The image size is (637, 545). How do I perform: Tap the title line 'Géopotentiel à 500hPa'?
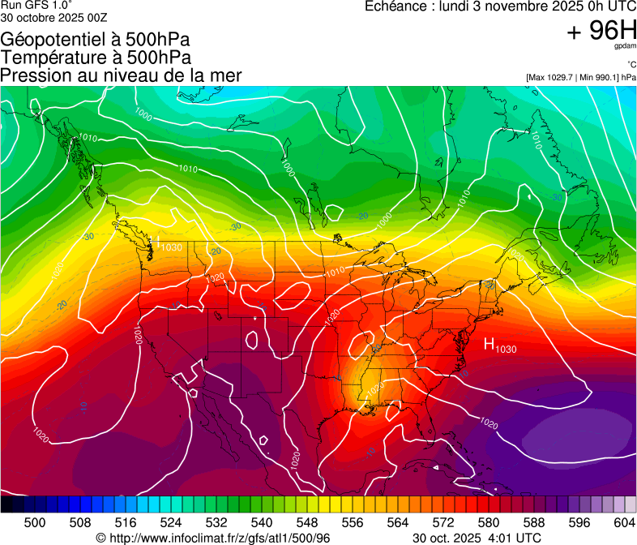pyautogui.click(x=96, y=40)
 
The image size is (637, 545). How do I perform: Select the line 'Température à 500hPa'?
pyautogui.click(x=96, y=58)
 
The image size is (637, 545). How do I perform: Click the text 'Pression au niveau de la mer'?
pyautogui.click(x=121, y=75)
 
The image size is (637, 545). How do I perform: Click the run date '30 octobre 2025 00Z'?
pyautogui.click(x=53, y=16)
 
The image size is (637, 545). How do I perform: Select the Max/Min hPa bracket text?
pyautogui.click(x=581, y=77)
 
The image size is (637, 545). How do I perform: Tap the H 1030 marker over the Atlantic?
pyautogui.click(x=499, y=345)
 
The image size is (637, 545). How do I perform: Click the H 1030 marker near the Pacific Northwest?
pyautogui.click(x=168, y=245)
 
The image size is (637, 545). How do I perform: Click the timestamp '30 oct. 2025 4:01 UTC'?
pyautogui.click(x=477, y=538)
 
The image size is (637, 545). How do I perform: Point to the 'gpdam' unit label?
pyautogui.click(x=625, y=47)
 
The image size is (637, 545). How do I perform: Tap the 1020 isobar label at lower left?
pyautogui.click(x=41, y=435)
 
